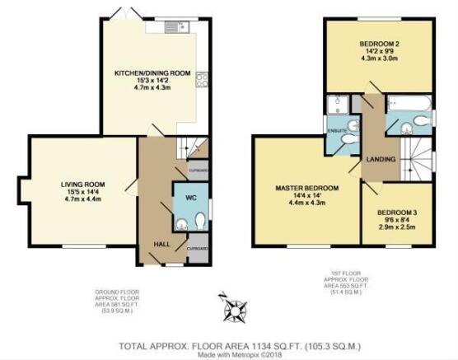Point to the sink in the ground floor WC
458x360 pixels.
[180, 222]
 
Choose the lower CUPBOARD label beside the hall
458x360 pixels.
[199, 248]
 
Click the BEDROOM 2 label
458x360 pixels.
[379, 43]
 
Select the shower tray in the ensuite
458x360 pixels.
[335, 106]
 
